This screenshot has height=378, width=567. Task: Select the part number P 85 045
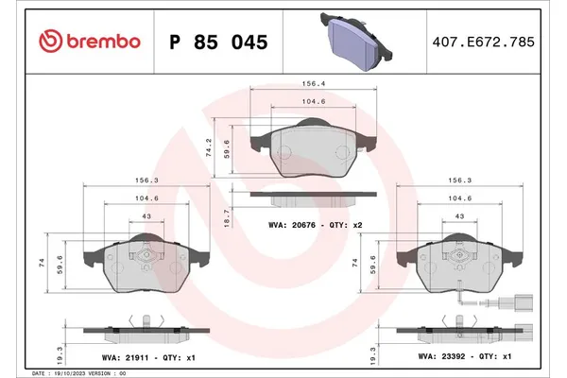click(x=218, y=42)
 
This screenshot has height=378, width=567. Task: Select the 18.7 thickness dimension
click(x=223, y=215)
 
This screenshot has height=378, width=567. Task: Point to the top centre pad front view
click(x=311, y=149)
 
